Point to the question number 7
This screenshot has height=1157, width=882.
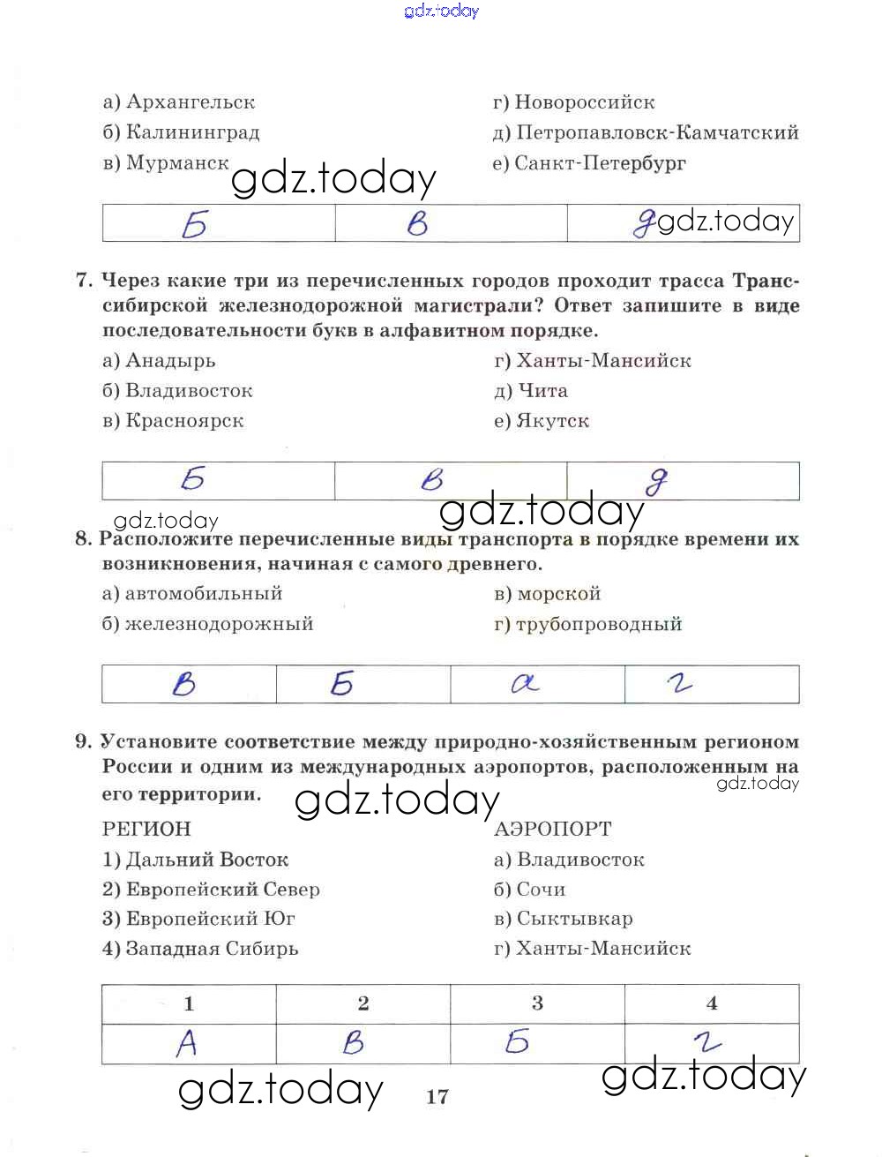(84, 281)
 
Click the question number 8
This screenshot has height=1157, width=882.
(84, 538)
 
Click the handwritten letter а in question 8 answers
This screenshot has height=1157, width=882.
(526, 683)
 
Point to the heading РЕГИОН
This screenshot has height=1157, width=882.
(146, 829)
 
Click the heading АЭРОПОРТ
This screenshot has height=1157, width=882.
(552, 829)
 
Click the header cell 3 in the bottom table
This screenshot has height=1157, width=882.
(537, 1003)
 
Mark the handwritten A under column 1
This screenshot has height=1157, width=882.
(187, 1044)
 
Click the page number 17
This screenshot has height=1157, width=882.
(437, 1097)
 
